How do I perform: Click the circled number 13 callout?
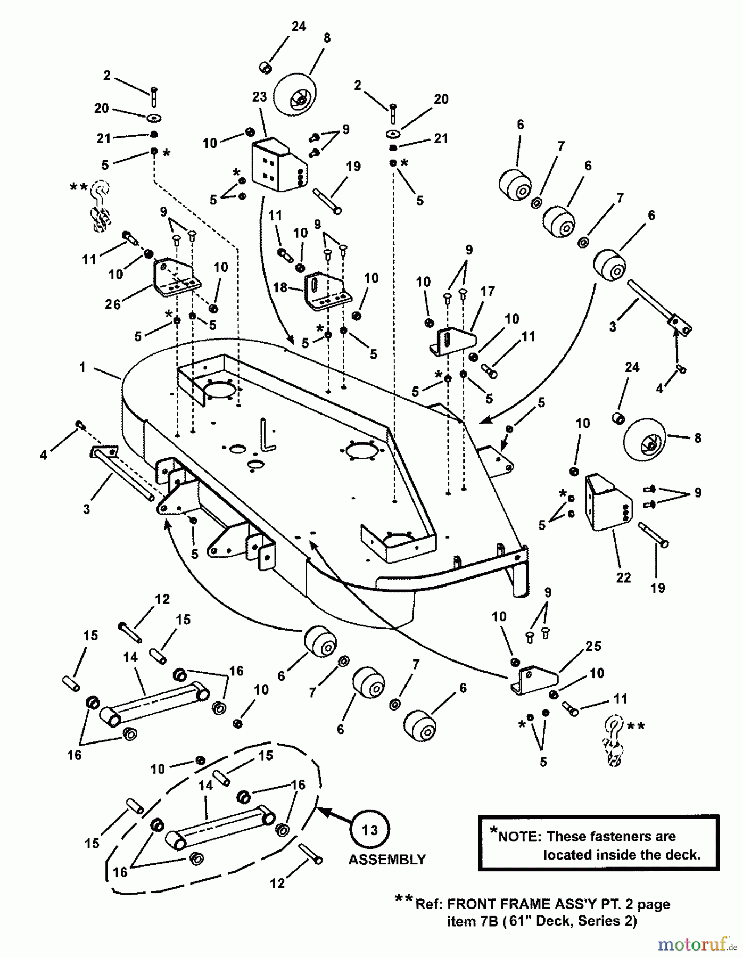pyautogui.click(x=370, y=830)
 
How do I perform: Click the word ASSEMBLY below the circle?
pyautogui.click(x=387, y=860)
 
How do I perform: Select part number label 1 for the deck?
pyautogui.click(x=82, y=367)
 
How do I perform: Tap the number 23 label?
pyautogui.click(x=259, y=97)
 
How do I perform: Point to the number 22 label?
pyautogui.click(x=623, y=577)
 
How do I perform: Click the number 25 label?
pyautogui.click(x=593, y=646)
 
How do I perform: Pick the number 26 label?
pyautogui.click(x=113, y=304)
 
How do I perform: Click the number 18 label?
pyautogui.click(x=280, y=288)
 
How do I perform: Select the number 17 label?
pyautogui.click(x=488, y=291)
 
